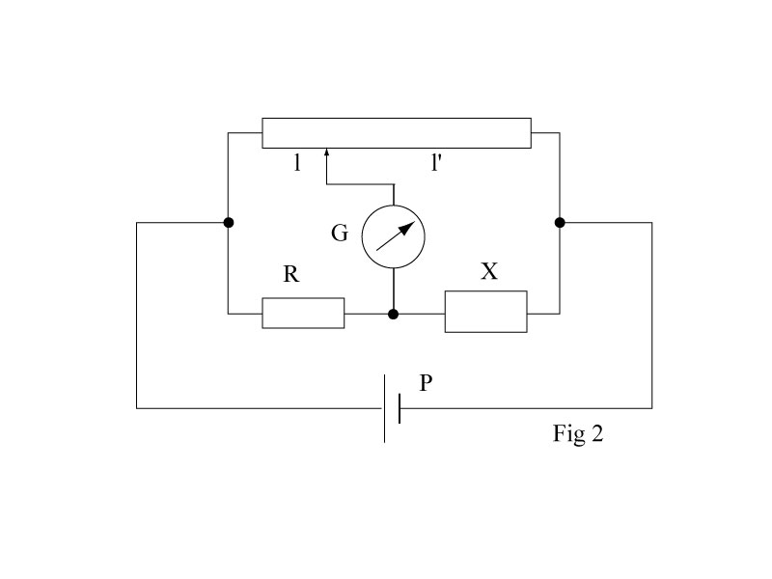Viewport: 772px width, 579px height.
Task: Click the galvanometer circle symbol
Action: [394, 236]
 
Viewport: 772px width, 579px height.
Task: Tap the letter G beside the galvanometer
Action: [340, 233]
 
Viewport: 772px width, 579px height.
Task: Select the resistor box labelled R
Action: [303, 313]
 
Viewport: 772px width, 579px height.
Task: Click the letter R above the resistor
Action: [290, 275]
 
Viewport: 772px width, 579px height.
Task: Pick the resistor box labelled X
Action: [485, 311]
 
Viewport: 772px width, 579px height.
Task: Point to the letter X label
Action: [489, 272]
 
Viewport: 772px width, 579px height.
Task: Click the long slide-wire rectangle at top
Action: [396, 133]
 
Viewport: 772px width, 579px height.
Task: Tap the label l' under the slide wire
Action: [436, 164]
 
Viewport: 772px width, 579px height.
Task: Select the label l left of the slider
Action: [298, 164]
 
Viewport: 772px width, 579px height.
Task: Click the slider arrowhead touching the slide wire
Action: [327, 152]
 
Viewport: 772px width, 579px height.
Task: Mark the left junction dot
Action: [229, 223]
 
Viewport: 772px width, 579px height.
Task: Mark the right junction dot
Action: [560, 223]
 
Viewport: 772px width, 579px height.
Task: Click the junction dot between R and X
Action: [393, 314]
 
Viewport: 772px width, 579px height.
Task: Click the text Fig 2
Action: [577, 434]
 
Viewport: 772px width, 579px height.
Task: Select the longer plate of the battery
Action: [385, 408]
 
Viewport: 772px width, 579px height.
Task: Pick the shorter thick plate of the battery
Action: [399, 408]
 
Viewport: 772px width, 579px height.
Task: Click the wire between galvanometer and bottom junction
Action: [394, 290]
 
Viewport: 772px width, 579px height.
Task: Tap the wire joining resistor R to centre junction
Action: [368, 314]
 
